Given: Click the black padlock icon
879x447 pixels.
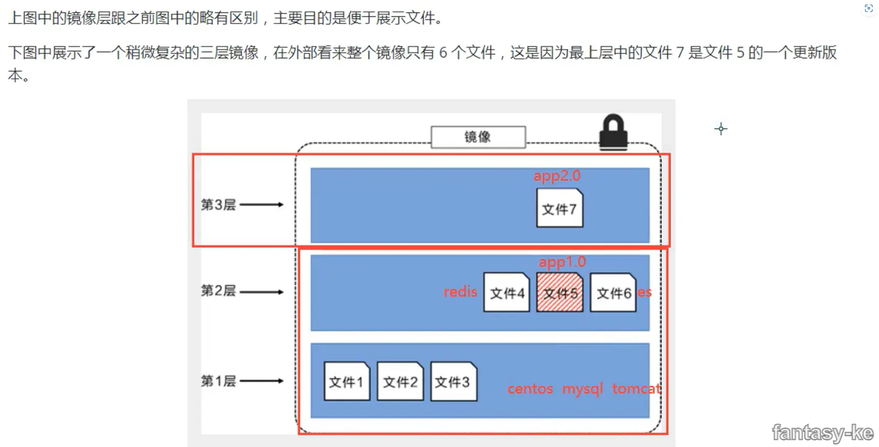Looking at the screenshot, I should click(x=613, y=133).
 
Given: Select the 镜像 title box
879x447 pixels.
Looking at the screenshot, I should click(x=478, y=137).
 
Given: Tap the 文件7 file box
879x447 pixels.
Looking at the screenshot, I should click(x=559, y=208).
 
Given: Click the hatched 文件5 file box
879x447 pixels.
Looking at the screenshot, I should click(x=559, y=292).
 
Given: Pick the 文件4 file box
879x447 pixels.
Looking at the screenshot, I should click(x=506, y=292).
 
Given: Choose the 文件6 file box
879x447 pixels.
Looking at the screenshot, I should click(x=613, y=292).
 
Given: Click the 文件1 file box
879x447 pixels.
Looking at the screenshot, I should click(x=347, y=381).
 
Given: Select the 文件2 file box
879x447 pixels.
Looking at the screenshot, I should click(x=400, y=381).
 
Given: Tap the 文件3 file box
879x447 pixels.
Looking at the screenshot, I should click(x=453, y=381).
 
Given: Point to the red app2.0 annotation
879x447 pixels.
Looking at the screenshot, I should click(x=557, y=176).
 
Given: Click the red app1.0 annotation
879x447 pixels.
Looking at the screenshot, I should click(x=562, y=262).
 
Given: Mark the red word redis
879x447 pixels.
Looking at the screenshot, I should click(x=460, y=292).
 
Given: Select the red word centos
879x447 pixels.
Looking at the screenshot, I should click(x=530, y=389).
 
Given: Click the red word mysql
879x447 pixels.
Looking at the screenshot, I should click(x=582, y=389).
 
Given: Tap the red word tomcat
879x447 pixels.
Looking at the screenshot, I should click(x=636, y=389).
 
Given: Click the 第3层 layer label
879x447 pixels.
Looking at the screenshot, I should click(x=218, y=205).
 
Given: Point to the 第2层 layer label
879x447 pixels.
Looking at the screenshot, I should click(x=218, y=291).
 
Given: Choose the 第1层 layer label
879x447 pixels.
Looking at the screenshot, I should click(x=218, y=381).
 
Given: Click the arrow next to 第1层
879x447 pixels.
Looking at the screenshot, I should click(x=261, y=381).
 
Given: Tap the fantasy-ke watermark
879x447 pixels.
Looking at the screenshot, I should click(x=822, y=433).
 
